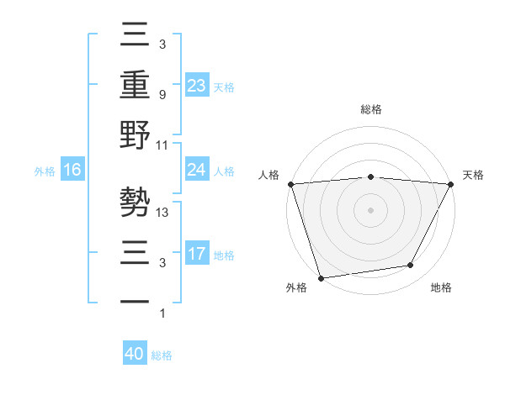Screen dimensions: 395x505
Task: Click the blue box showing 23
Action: point(197,85)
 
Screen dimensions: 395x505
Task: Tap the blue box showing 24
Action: point(197,170)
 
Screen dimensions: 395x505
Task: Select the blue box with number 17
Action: point(197,254)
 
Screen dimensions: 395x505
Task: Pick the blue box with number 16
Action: point(72,170)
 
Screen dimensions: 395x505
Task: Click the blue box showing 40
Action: point(135,354)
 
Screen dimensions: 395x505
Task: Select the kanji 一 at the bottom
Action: point(136,301)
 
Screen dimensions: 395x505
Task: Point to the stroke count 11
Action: point(163,145)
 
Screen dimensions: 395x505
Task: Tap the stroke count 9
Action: point(162,94)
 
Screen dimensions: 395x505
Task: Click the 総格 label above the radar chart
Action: point(371,109)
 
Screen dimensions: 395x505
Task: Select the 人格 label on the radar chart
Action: point(269,175)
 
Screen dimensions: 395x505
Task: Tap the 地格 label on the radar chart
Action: point(441,288)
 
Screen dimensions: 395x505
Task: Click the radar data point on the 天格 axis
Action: point(451,184)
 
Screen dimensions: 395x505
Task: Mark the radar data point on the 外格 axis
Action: point(321,277)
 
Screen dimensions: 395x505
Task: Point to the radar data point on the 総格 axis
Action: point(371,176)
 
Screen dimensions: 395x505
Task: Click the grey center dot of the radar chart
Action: point(371,209)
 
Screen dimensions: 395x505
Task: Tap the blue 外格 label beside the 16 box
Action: point(45,171)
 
